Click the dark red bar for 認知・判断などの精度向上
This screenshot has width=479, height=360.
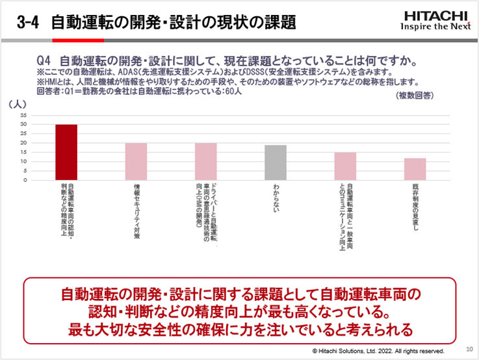(x=66, y=152)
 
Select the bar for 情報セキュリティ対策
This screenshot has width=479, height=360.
(x=136, y=161)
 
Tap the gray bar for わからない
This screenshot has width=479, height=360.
(x=276, y=162)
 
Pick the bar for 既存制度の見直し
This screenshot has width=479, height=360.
(x=415, y=169)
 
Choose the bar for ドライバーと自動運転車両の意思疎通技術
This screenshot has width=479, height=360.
(x=205, y=161)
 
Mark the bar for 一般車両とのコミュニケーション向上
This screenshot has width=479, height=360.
(x=345, y=166)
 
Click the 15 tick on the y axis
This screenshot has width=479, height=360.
(x=23, y=152)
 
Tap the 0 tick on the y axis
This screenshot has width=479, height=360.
(x=25, y=180)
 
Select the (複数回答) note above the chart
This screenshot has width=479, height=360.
(x=415, y=95)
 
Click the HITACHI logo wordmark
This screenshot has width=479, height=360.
(x=434, y=15)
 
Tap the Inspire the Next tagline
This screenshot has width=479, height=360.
(x=434, y=27)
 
